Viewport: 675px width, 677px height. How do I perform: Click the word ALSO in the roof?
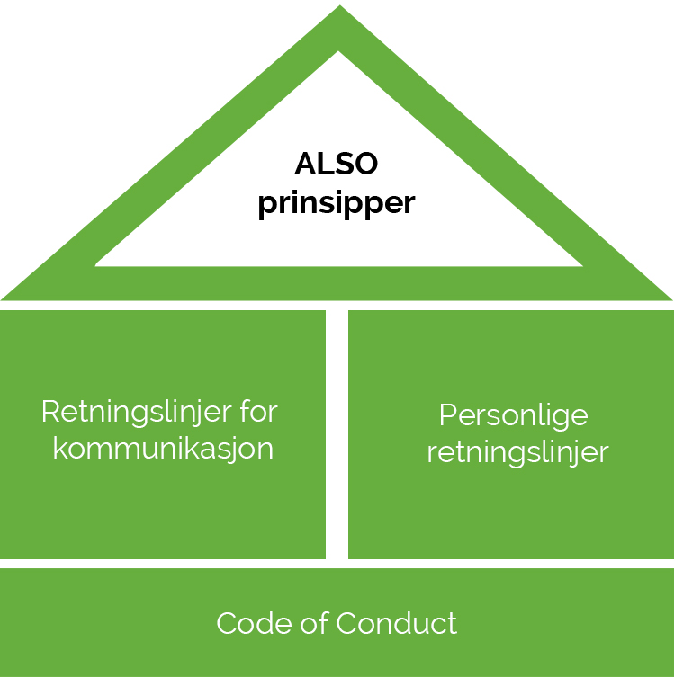pyautogui.click(x=336, y=165)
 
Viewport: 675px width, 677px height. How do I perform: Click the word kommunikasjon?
pyautogui.click(x=163, y=448)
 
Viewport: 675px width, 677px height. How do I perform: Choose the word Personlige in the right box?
pyautogui.click(x=513, y=416)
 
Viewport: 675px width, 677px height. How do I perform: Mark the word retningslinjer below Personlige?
pyautogui.click(x=517, y=451)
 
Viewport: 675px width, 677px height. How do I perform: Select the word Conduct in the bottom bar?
pyautogui.click(x=396, y=623)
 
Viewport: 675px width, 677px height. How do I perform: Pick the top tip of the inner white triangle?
pyautogui.click(x=338, y=53)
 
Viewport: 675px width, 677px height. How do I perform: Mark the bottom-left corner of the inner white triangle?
pyautogui.click(x=97, y=264)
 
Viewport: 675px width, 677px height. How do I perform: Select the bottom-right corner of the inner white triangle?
pyautogui.click(x=580, y=264)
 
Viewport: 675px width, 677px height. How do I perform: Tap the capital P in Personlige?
pyautogui.click(x=446, y=416)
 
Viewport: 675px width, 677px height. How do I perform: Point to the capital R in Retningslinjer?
pyautogui.click(x=50, y=412)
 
